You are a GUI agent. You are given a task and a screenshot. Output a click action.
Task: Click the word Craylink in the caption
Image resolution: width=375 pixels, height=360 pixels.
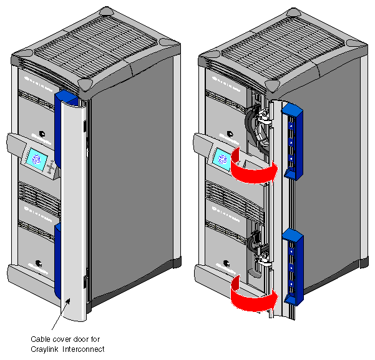[x=46, y=348]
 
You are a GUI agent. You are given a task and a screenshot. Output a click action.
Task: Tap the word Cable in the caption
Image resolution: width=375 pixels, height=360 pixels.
[x=41, y=339]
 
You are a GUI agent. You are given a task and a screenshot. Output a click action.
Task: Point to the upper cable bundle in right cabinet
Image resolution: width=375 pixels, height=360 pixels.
[x=256, y=125]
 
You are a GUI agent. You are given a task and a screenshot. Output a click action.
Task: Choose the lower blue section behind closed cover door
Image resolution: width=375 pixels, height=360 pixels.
[x=57, y=262]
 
